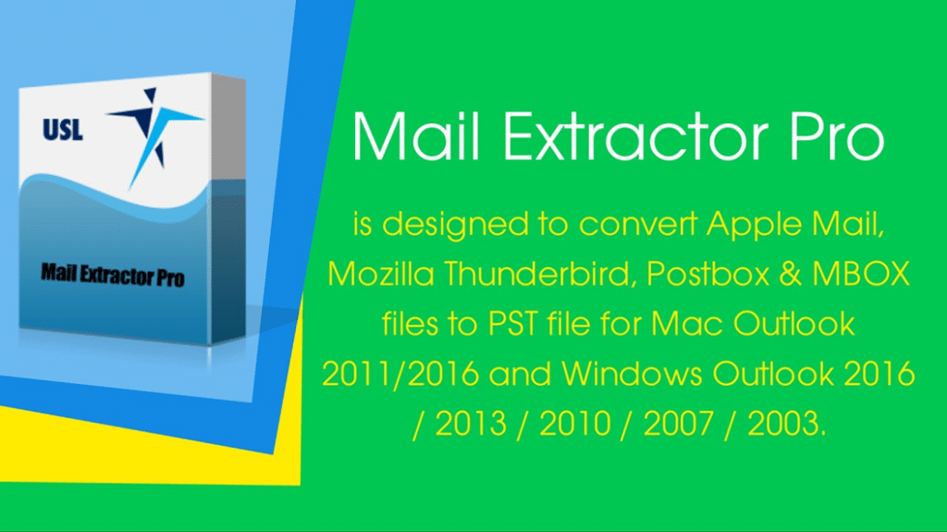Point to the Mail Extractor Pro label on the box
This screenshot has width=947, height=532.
coord(112,274)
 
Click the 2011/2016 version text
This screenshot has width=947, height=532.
coord(400,374)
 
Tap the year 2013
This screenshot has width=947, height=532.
coord(471,424)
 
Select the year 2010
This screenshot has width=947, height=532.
coord(575,424)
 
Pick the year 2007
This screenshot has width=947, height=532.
coord(680,424)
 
